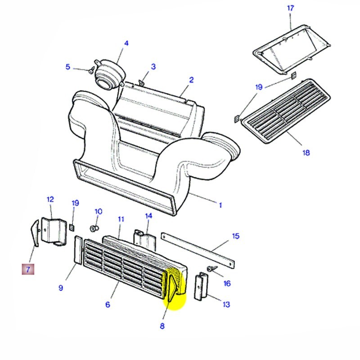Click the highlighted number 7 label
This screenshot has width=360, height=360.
(x=28, y=270)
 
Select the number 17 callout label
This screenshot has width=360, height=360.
(x=290, y=8)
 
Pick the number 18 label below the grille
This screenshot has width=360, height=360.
(x=306, y=153)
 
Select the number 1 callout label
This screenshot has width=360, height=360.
(x=220, y=205)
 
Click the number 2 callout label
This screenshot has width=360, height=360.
(x=191, y=80)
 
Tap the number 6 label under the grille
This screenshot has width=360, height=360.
(x=108, y=305)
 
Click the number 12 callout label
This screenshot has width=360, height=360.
(x=50, y=199)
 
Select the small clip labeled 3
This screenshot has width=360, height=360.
(x=142, y=81)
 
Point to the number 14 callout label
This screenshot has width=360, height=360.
(x=149, y=216)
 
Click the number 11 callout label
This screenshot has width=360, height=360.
(x=121, y=219)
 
